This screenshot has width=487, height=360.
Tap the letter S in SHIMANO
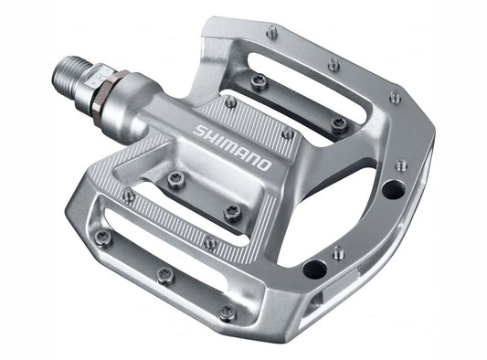point(199,131)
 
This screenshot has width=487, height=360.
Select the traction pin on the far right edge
point(402,165)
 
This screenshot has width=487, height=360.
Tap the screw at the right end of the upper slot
point(339,122)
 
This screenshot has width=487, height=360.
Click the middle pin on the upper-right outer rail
point(334,64)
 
